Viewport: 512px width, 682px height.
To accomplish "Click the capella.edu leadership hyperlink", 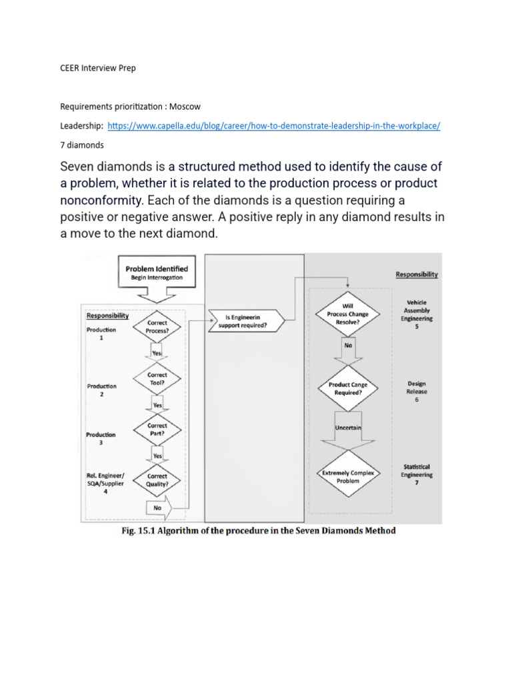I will pyautogui.click(x=273, y=126).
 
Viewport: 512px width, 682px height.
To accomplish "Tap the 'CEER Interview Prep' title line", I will pyautogui.click(x=98, y=68).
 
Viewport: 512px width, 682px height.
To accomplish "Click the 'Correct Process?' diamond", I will pyautogui.click(x=157, y=326).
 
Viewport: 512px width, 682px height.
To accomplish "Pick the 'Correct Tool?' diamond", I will pyautogui.click(x=157, y=378).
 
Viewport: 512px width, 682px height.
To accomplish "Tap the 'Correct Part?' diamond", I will pyautogui.click(x=157, y=429).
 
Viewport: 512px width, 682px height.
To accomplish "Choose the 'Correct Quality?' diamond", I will pyautogui.click(x=157, y=481).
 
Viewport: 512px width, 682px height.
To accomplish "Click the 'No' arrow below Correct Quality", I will pyautogui.click(x=161, y=508).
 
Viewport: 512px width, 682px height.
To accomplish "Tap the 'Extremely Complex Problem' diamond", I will pyautogui.click(x=348, y=476).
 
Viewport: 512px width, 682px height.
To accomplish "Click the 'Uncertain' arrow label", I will pyautogui.click(x=348, y=428).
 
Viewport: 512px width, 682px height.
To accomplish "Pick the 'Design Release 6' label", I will pyautogui.click(x=417, y=392).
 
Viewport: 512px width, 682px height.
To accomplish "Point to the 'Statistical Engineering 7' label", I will pyautogui.click(x=416, y=475).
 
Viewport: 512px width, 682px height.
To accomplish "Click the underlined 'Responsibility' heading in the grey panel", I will pyautogui.click(x=417, y=274).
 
